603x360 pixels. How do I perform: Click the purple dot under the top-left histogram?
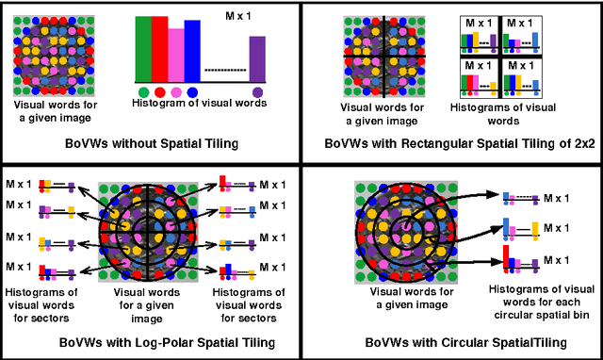[x=257, y=91]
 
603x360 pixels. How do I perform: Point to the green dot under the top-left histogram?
[x=143, y=91]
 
